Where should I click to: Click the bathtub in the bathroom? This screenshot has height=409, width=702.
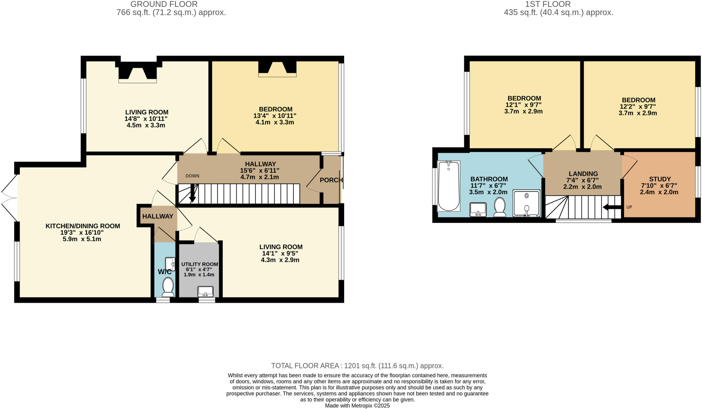coord(448,186)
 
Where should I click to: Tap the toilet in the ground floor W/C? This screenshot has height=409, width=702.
coord(168,287)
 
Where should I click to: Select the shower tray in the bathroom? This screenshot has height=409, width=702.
coord(526,203)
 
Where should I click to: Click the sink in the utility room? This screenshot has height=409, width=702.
coord(205,292)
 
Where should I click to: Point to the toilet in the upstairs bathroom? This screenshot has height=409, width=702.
coord(500,207)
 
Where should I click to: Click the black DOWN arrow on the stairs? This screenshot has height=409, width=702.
coord(192,194)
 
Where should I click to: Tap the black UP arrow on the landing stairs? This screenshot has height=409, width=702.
coord(612,207)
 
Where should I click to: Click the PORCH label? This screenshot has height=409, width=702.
coord(331,180)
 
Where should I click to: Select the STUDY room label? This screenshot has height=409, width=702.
coord(659,179)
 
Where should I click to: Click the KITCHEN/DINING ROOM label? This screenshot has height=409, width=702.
coord(83,226)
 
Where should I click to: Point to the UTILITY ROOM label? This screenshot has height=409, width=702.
coord(199,264)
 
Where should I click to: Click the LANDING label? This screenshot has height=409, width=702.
coord(583,174)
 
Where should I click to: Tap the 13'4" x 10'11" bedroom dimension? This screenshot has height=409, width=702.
coord(275,116)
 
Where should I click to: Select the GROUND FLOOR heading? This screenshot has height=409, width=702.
coord(164,4)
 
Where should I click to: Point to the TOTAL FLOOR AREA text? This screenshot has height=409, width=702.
coord(357,366)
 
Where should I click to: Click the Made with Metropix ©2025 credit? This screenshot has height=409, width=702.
coord(357,406)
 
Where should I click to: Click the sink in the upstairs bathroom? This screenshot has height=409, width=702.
coord(478,209)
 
